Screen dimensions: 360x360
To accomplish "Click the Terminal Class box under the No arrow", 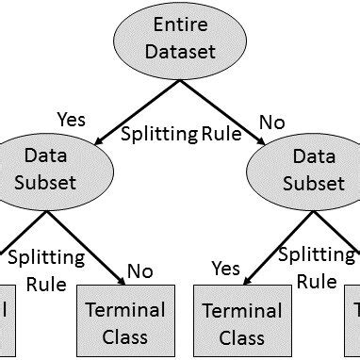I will pos(125,320).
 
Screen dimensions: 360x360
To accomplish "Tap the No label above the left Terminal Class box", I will pos(139,272).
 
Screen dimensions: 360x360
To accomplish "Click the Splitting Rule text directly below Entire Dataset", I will pos(180,135).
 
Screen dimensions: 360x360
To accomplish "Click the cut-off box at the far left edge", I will pos(8,320).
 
